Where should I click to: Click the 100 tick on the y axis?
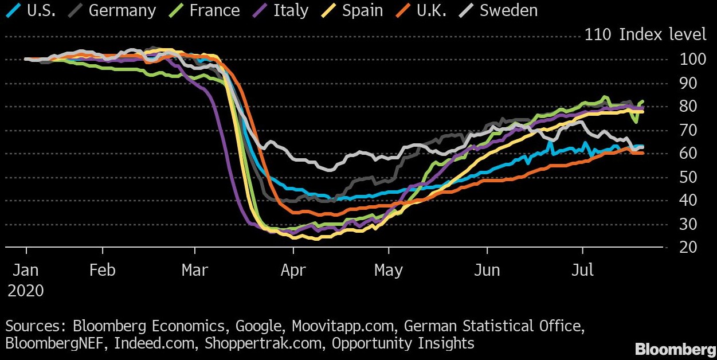[689, 59]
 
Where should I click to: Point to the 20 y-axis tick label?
[689, 247]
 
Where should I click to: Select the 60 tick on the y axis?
[689, 153]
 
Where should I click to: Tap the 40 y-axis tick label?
[689, 200]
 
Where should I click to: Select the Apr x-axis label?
[293, 270]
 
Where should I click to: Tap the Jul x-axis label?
[582, 270]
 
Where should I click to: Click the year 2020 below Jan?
[26, 291]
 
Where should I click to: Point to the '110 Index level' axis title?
[645, 35]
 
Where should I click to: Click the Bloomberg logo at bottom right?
[675, 349]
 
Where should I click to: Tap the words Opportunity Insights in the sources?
[403, 343]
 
